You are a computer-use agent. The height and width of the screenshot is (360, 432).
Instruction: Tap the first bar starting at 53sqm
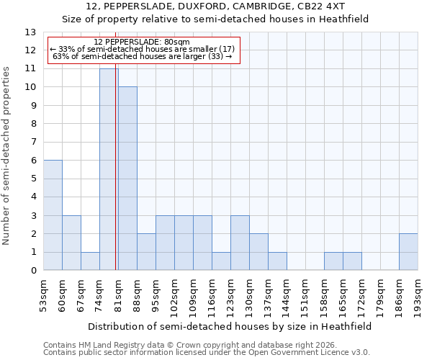[53, 215]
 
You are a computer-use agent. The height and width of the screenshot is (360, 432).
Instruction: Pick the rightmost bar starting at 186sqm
[408, 252]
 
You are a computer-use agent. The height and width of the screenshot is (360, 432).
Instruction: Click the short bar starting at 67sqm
[90, 261]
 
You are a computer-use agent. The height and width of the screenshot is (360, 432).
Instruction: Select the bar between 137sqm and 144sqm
[277, 261]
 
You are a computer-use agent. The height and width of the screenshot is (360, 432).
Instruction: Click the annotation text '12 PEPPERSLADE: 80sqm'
[142, 42]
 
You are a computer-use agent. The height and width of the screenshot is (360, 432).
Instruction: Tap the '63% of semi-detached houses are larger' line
[142, 56]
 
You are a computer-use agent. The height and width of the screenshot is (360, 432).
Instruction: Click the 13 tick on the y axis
[31, 32]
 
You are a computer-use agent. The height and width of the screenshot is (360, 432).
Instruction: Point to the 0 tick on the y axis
[33, 271]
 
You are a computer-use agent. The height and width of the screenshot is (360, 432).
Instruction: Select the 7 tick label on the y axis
[33, 143]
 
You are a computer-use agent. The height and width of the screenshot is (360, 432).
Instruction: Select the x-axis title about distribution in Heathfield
[230, 326]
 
